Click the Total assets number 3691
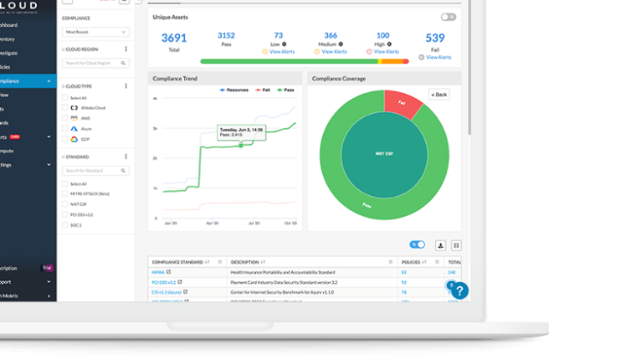click(173, 38)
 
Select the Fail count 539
click(435, 38)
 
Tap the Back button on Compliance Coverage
click(439, 95)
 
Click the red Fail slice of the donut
click(403, 102)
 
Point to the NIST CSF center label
click(384, 155)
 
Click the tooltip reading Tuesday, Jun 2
click(241, 131)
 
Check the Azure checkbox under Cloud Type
click(66, 129)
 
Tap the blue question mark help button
click(460, 291)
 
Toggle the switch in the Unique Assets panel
click(449, 17)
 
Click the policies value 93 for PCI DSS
click(404, 282)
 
